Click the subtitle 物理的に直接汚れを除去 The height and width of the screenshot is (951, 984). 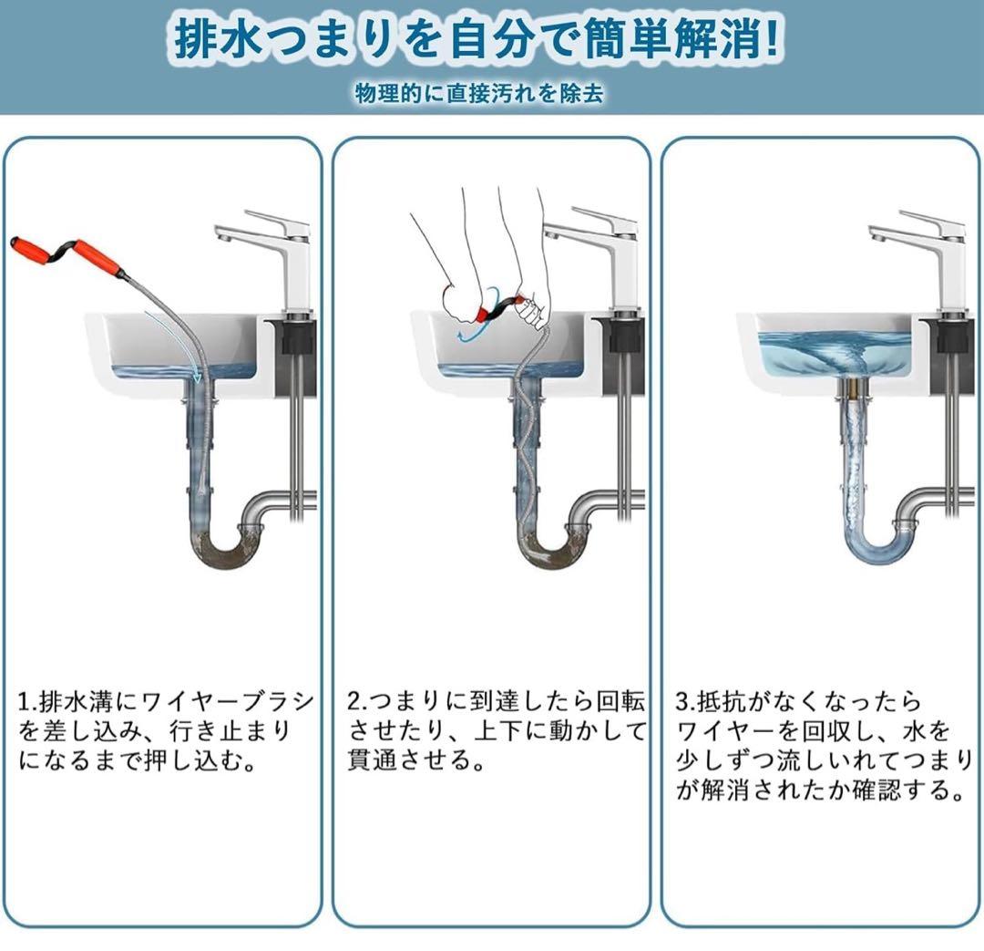(479, 94)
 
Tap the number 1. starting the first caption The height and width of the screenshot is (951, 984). (27, 701)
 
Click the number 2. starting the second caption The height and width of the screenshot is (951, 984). (356, 701)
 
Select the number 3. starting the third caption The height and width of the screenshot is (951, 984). (685, 701)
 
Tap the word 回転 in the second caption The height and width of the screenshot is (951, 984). (620, 701)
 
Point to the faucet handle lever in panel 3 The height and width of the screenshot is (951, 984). (932, 220)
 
